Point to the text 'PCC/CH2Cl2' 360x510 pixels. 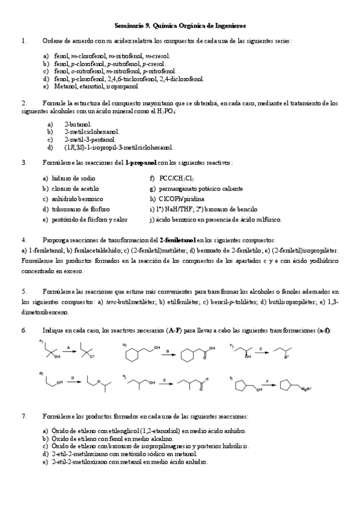click(x=177, y=179)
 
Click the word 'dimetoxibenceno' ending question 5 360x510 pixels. click(x=45, y=313)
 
